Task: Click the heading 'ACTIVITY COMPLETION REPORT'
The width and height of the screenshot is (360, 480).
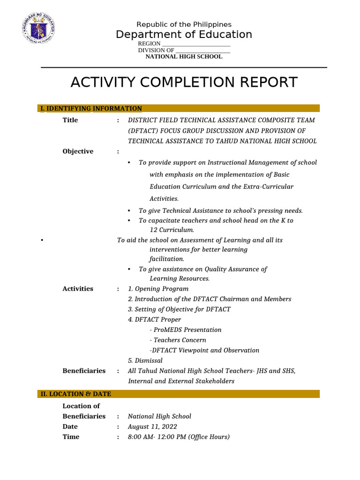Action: (x=184, y=82)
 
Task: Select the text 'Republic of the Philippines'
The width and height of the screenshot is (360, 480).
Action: (x=184, y=24)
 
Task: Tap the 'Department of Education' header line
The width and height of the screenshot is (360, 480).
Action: (x=184, y=35)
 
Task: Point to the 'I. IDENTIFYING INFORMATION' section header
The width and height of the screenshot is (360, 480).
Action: (x=91, y=109)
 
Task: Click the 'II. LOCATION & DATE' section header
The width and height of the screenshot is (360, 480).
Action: (x=75, y=394)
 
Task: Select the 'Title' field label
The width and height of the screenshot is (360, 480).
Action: (x=70, y=120)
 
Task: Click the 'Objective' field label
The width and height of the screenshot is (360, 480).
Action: (x=78, y=151)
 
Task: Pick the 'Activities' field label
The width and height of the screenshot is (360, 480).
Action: (x=78, y=289)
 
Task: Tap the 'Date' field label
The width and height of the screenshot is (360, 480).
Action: (x=70, y=427)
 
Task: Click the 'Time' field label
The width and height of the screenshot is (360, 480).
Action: (x=71, y=437)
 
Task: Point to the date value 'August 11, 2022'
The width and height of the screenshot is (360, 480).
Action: (x=152, y=427)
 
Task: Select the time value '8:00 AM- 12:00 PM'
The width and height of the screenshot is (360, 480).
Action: (x=158, y=437)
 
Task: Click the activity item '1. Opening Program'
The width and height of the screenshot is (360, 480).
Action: (x=158, y=289)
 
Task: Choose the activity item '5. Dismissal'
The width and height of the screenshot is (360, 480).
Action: (x=145, y=360)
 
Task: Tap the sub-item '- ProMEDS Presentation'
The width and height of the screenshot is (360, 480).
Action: (x=185, y=330)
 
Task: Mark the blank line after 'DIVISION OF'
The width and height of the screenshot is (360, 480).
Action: (x=202, y=51)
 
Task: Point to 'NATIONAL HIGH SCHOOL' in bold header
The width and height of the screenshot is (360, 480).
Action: (x=184, y=57)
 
